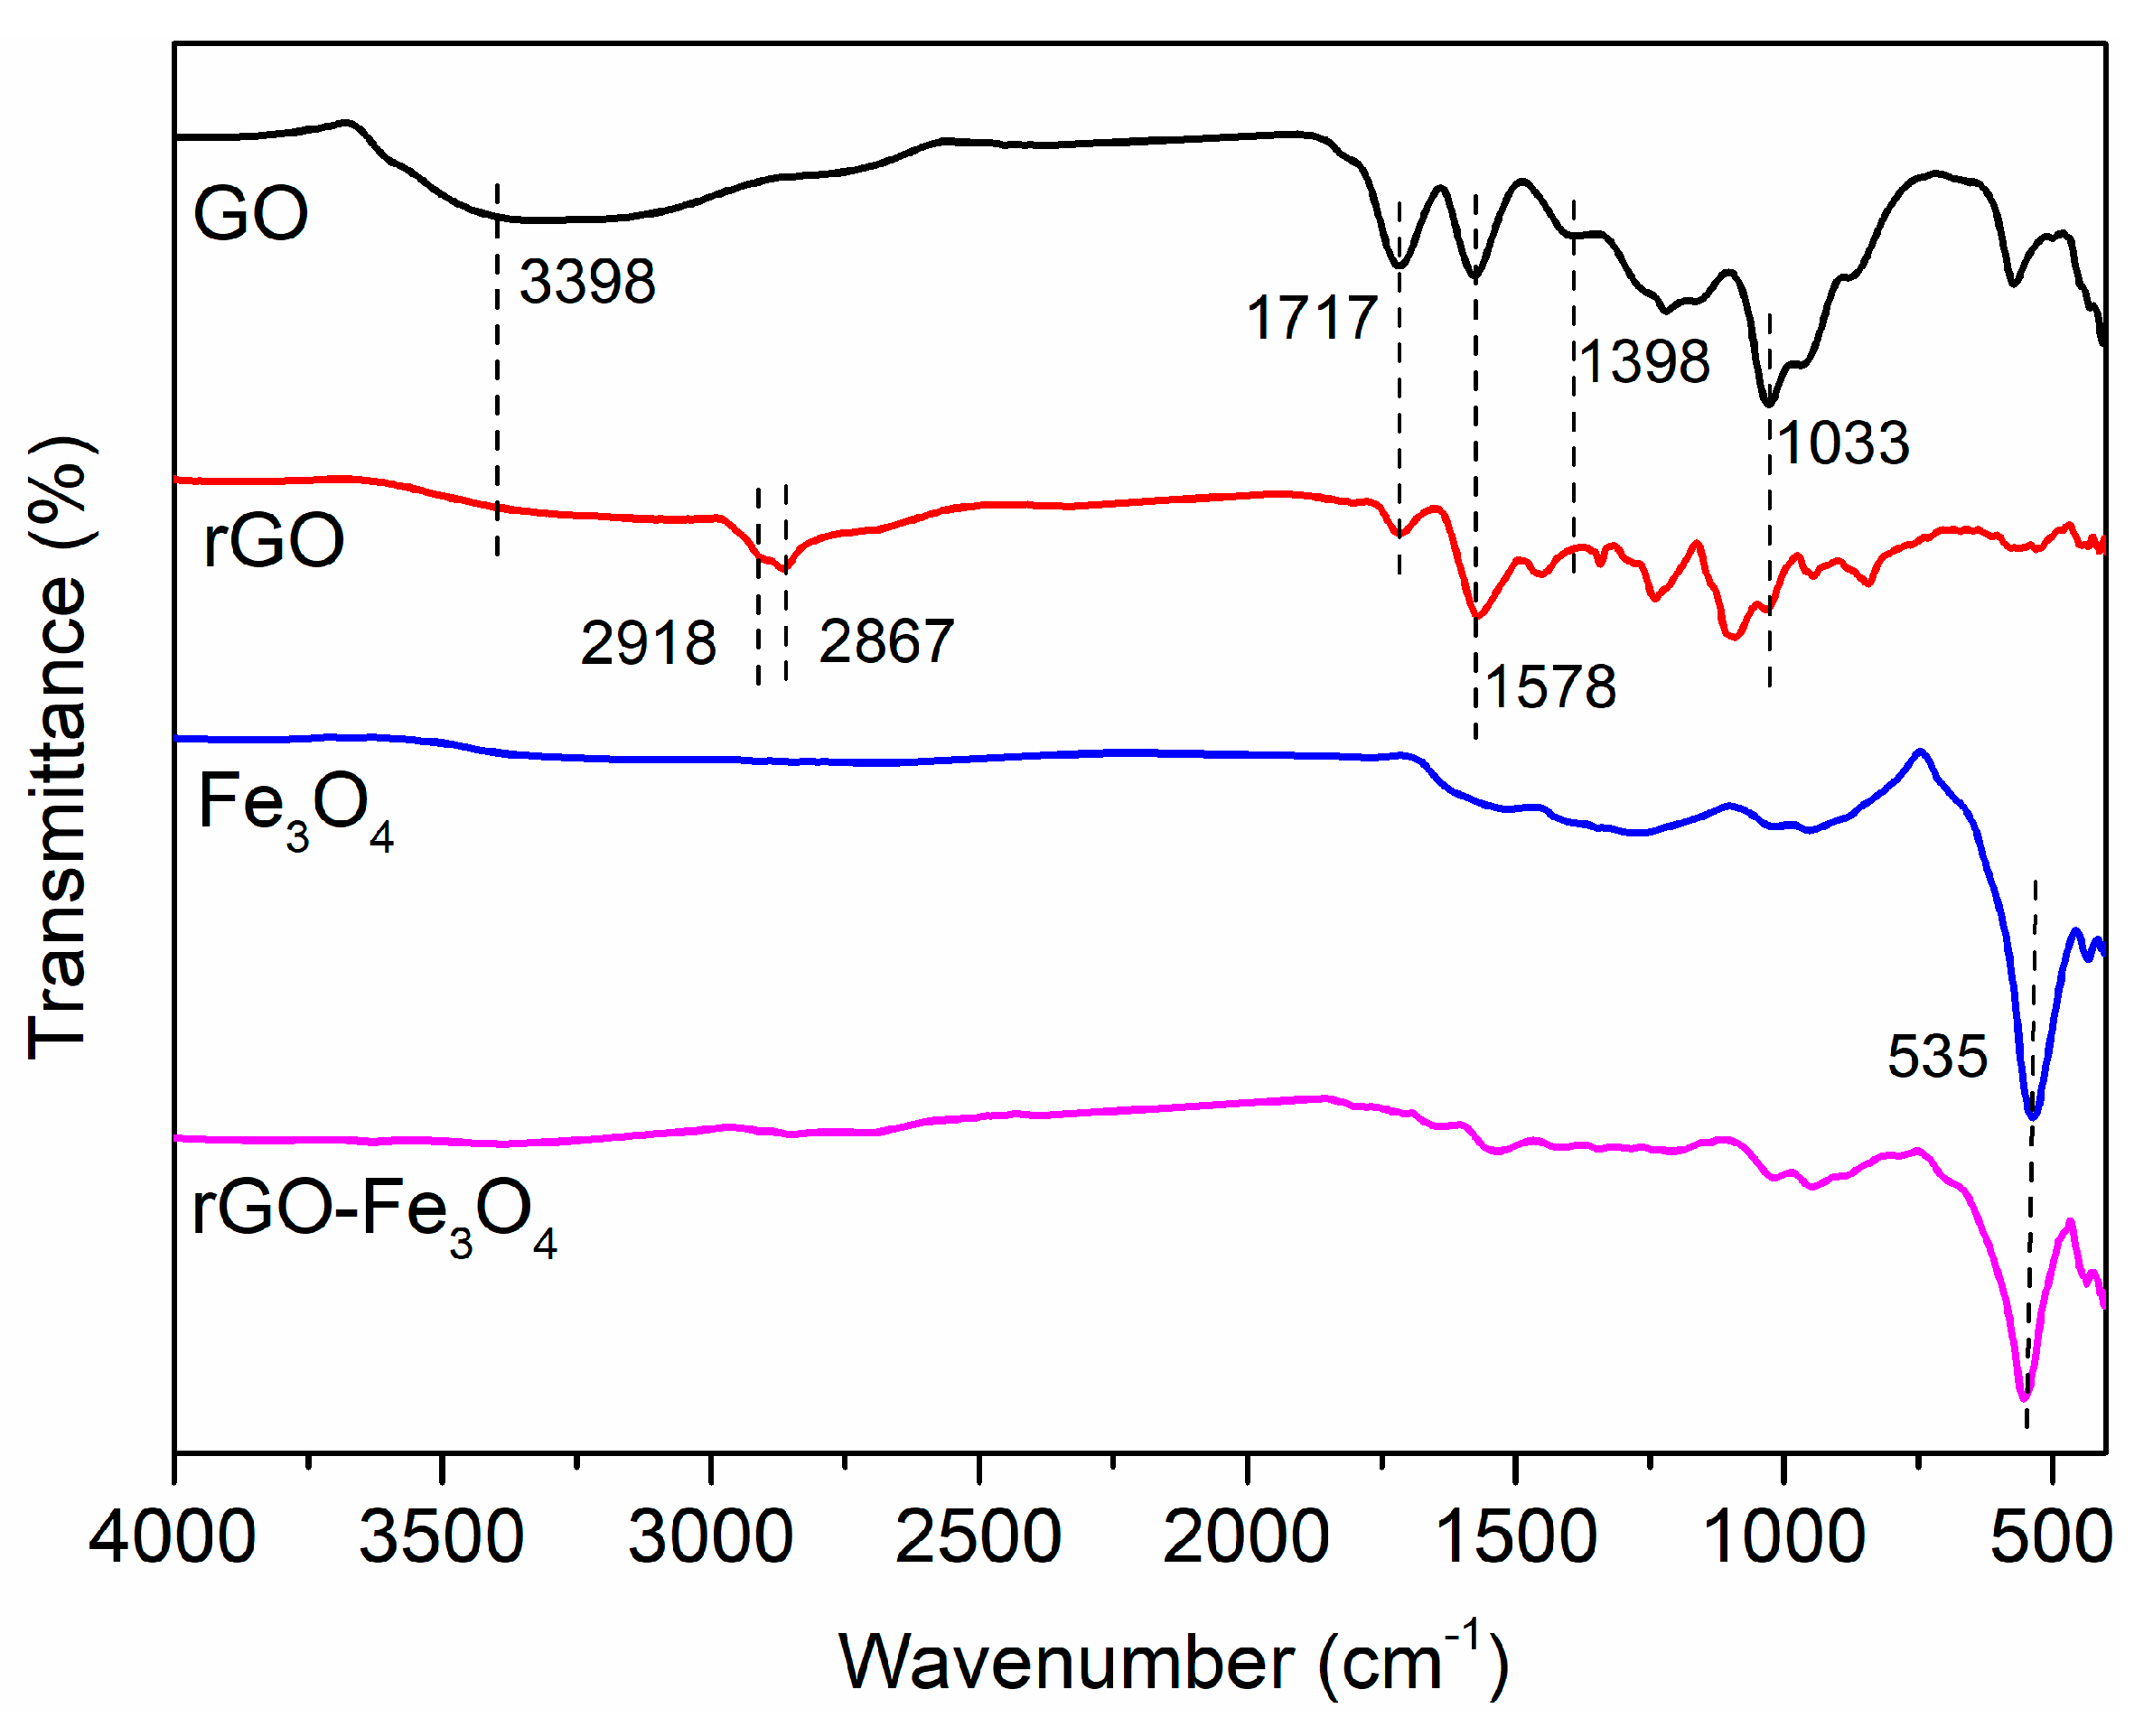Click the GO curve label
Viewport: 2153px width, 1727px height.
[250, 214]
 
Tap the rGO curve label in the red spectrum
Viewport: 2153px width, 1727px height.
[274, 540]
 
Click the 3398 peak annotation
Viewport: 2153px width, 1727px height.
[587, 282]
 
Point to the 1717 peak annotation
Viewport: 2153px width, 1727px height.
[1312, 319]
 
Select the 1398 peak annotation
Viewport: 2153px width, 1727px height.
[1644, 361]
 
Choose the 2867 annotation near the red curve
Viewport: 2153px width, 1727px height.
[886, 641]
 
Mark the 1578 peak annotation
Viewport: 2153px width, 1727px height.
[1551, 686]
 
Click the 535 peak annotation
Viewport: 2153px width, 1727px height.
[1937, 1056]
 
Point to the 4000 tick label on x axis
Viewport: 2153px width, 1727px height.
[172, 1537]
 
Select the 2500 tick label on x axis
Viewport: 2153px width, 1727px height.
[978, 1537]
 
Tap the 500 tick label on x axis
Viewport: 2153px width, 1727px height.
[2050, 1537]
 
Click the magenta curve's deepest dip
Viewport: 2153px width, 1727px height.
[2024, 1396]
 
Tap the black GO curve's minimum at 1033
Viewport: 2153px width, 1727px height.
[1768, 402]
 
